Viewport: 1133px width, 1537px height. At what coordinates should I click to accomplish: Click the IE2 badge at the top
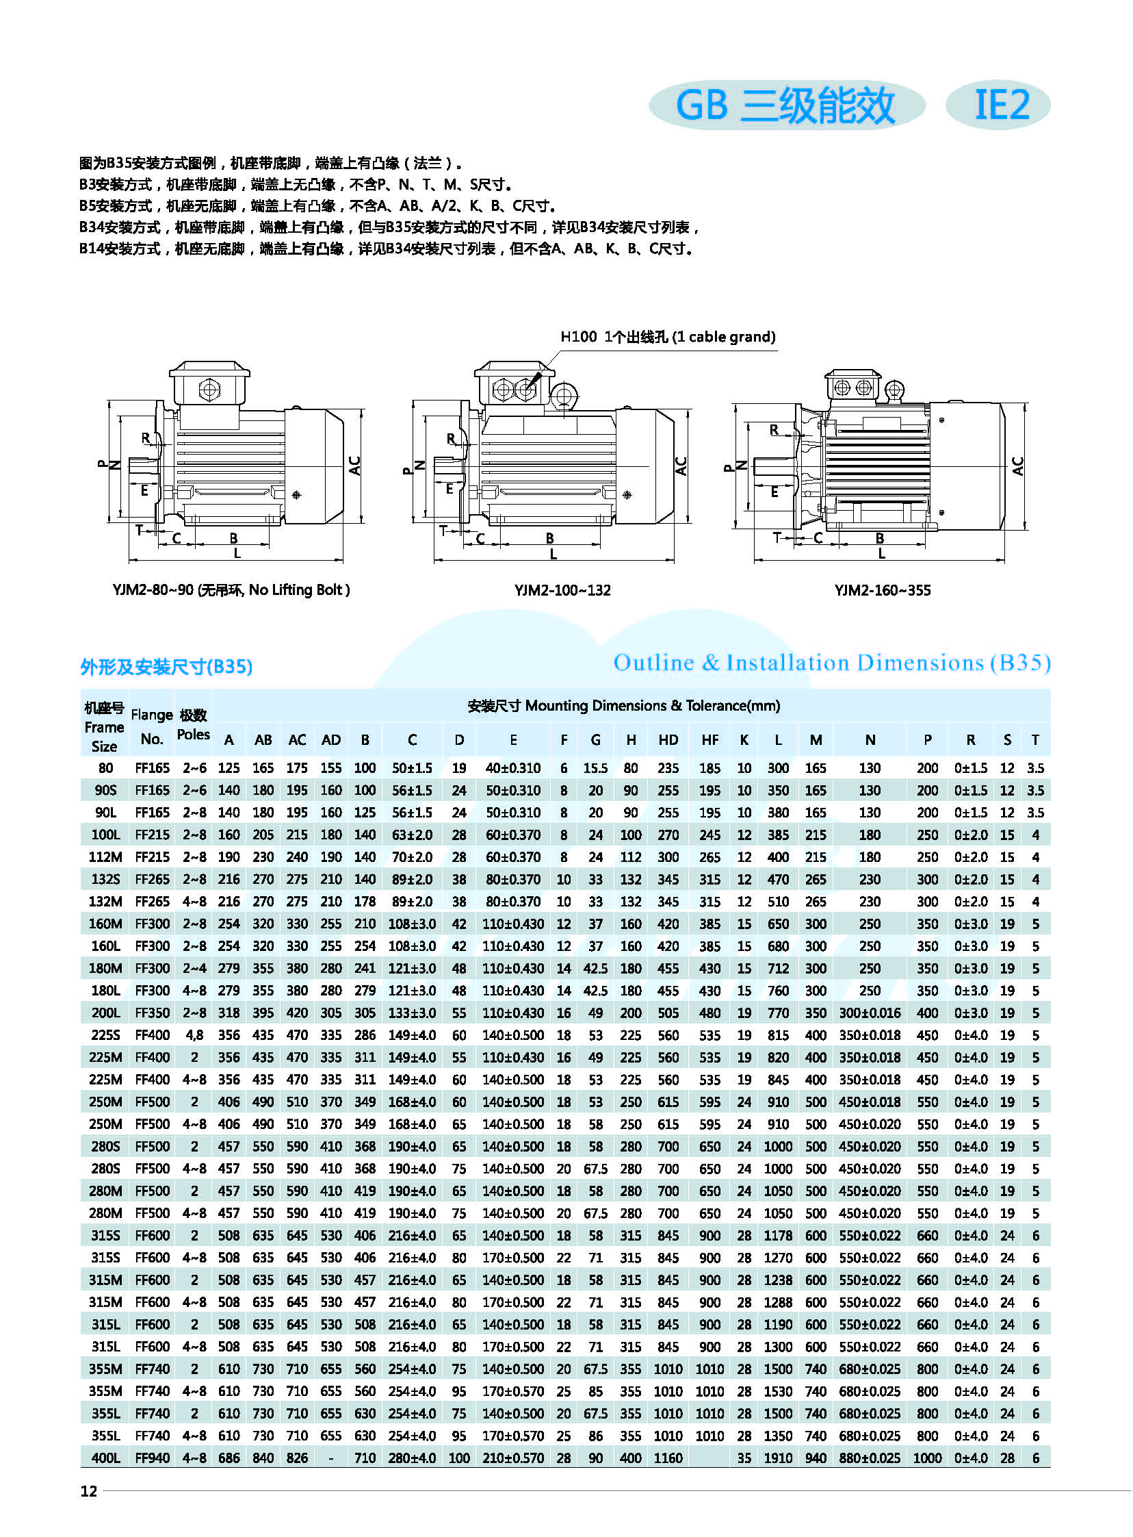[x=998, y=105]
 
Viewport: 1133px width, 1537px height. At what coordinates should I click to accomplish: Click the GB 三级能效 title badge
[x=786, y=105]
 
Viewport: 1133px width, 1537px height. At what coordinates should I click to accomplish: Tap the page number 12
[x=89, y=1491]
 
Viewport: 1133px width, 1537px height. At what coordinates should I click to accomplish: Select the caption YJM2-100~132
[x=562, y=590]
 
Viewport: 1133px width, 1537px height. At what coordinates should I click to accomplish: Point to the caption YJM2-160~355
[x=883, y=590]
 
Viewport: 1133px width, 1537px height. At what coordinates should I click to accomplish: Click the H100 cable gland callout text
[x=667, y=337]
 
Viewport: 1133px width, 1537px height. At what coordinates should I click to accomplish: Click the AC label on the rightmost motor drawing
[x=1018, y=467]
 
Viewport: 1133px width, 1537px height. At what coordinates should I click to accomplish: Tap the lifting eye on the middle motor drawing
[x=564, y=396]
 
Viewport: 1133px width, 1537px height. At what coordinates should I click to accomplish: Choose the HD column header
[x=668, y=739]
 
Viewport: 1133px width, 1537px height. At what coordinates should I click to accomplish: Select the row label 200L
[x=105, y=1013]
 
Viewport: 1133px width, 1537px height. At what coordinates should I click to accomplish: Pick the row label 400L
[x=105, y=1458]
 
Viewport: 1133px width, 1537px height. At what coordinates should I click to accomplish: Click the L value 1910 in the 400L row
[x=778, y=1458]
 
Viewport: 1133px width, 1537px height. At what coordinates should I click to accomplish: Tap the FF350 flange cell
[x=153, y=1013]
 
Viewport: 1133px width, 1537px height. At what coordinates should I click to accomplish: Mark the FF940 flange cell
[x=153, y=1458]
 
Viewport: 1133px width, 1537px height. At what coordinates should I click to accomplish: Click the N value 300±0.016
[x=870, y=1013]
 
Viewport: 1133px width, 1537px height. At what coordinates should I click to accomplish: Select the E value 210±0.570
[x=513, y=1458]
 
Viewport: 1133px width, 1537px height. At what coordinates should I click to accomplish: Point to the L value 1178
[x=778, y=1236]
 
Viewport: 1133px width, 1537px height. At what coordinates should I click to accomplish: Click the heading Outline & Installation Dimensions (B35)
[x=831, y=663]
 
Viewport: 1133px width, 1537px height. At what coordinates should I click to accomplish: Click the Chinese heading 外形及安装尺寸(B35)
[x=167, y=667]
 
